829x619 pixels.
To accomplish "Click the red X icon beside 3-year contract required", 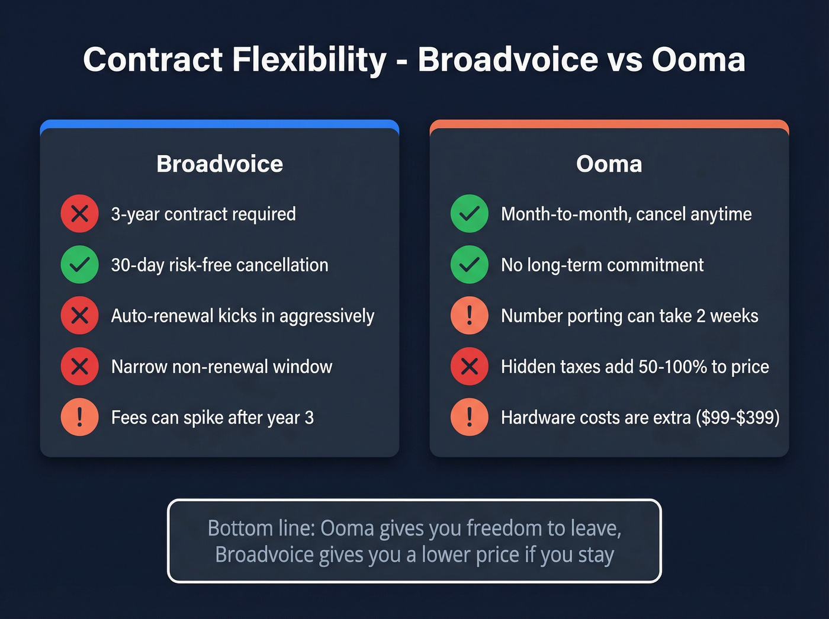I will (x=79, y=214).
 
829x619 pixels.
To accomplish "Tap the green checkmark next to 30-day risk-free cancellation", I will (x=79, y=265).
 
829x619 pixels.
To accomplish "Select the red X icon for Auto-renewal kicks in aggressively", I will (x=79, y=316).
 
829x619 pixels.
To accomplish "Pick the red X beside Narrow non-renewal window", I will (x=79, y=367).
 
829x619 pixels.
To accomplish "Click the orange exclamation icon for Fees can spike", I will (x=79, y=418).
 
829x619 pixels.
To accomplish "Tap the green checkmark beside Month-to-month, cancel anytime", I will (x=469, y=214).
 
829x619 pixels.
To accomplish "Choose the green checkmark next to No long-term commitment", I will (x=469, y=265).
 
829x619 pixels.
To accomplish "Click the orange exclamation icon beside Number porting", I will (x=469, y=316).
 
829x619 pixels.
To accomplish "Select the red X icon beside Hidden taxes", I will (x=469, y=367).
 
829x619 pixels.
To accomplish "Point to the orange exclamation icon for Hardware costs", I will (x=469, y=418).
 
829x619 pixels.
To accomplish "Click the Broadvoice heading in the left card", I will (x=220, y=164).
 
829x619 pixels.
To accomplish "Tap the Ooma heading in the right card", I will (x=609, y=164).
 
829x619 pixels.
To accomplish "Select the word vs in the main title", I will (x=625, y=60).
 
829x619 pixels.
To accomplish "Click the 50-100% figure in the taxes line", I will (x=673, y=367).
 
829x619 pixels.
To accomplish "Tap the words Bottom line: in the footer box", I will (x=261, y=528).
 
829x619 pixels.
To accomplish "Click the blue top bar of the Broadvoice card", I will (x=220, y=124).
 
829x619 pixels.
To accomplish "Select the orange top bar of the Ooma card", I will (x=609, y=124).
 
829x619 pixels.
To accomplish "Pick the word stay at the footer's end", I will (x=596, y=555).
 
